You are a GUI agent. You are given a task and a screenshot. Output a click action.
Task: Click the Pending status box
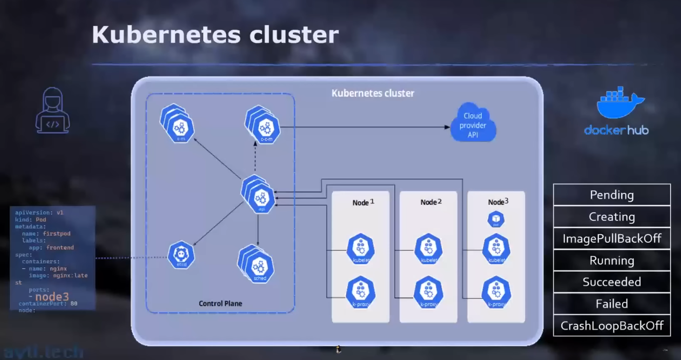coord(611,195)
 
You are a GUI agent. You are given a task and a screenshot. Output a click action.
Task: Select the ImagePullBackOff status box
coord(611,239)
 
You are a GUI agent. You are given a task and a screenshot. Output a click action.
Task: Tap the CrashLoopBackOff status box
coord(611,326)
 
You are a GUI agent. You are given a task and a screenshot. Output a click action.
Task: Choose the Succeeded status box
coord(611,282)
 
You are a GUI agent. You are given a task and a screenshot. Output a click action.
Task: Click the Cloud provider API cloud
coord(473,125)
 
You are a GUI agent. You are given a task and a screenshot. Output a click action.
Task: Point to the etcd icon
coord(181,255)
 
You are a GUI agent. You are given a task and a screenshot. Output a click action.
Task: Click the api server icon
coord(260,198)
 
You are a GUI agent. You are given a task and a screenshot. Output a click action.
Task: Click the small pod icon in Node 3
coord(496,219)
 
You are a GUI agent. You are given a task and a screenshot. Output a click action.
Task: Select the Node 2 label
coord(431,202)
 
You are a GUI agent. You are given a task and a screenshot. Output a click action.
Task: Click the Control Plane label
coord(220,304)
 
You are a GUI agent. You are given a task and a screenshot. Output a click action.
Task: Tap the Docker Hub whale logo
coord(620,103)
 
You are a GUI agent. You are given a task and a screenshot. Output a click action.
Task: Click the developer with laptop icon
coord(52,111)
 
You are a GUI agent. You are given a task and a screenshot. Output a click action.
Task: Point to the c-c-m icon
coord(265,128)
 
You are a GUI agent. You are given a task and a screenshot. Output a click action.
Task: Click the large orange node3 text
coord(52,297)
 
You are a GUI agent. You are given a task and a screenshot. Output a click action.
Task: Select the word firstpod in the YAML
coord(56,233)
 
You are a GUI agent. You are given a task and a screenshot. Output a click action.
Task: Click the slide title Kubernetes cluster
coord(215,35)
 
